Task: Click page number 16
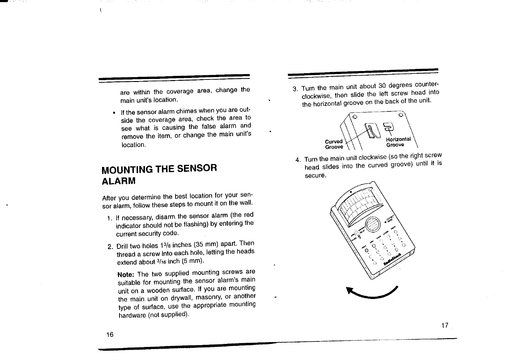coord(110,335)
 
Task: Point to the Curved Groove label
coord(334,144)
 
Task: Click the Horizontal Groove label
coord(398,142)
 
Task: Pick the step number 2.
coord(110,246)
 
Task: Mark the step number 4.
coord(298,160)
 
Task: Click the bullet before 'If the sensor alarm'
coord(114,113)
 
